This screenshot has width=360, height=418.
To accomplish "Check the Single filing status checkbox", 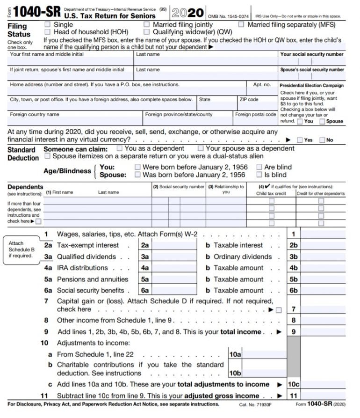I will (48, 24).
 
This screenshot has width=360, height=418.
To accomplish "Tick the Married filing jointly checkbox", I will (147, 24).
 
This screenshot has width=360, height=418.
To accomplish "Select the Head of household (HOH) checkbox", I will (48, 32).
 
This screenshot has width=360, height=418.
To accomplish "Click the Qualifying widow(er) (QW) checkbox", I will (147, 32).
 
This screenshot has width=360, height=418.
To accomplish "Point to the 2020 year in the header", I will (188, 13).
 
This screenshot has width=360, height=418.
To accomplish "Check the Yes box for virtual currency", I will (300, 140).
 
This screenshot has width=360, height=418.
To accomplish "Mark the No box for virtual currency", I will (322, 140).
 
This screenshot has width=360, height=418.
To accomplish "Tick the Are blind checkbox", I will (259, 167).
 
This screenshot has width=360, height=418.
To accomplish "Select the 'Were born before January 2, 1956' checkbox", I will (137, 167).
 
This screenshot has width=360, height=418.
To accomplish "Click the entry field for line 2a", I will (167, 245).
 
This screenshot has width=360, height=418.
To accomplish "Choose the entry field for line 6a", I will (167, 290).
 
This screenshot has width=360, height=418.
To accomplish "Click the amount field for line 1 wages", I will (323, 234).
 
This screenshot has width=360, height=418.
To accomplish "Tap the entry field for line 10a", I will (265, 355).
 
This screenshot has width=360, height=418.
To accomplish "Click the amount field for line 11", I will (323, 396).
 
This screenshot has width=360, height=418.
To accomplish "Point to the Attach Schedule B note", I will (21, 249).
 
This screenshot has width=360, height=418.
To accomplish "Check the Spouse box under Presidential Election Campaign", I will (323, 121).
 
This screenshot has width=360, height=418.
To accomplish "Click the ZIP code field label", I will (249, 100).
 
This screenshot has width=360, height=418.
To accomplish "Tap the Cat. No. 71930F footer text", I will (255, 404).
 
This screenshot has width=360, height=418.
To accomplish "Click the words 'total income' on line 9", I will (242, 332).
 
